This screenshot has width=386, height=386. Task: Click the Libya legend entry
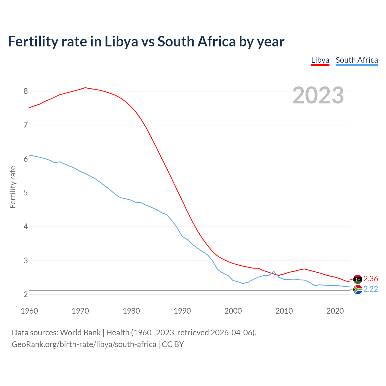tap(320, 60)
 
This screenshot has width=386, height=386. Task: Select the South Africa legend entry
tap(357, 60)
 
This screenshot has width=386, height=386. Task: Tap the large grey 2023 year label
tap(318, 95)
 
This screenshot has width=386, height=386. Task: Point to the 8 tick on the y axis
tap(26, 91)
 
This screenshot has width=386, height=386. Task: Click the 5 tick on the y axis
tap(26, 193)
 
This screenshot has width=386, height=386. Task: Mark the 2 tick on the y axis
tap(26, 294)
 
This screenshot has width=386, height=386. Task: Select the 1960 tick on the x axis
tap(29, 311)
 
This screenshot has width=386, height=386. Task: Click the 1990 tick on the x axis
tap(182, 311)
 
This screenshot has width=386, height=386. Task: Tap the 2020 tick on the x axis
tap(335, 311)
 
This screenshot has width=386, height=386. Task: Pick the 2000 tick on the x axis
tap(233, 311)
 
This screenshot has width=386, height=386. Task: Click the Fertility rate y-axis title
tap(13, 187)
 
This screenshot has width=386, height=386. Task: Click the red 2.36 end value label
tap(371, 279)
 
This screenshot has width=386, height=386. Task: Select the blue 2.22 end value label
tap(371, 289)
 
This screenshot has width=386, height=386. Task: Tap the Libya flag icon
tap(358, 279)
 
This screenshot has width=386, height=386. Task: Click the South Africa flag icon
tap(358, 289)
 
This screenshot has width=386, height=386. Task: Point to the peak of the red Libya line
tap(85, 88)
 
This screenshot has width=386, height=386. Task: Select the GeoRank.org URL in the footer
tap(84, 344)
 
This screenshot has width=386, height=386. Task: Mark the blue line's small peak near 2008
tap(274, 271)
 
